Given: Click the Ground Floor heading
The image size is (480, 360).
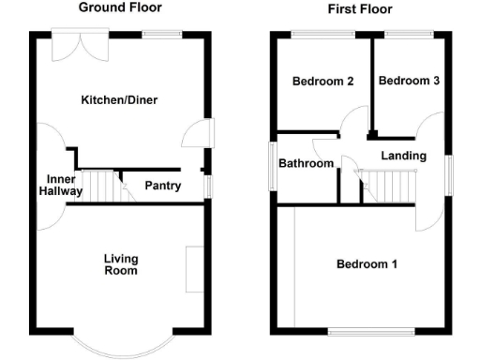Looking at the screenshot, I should click(x=119, y=7).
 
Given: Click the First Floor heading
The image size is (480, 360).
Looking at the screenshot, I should click(x=360, y=9).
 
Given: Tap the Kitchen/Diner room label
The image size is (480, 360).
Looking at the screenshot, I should click(x=117, y=100).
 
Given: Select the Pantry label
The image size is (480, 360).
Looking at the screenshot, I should click(x=162, y=187).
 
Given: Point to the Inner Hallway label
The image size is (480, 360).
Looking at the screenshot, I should click(x=61, y=185).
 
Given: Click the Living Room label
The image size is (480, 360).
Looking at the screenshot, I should click(x=121, y=264).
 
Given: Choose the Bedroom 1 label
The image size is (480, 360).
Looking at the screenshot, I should click(x=367, y=264).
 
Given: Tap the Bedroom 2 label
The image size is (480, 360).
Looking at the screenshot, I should click(x=322, y=82).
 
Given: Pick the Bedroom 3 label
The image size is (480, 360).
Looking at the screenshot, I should click(x=409, y=82).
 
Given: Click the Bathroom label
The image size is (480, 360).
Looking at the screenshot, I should click(x=306, y=164).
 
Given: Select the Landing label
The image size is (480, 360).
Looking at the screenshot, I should click(x=404, y=156).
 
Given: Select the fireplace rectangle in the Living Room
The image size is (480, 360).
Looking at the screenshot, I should click(x=195, y=269).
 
